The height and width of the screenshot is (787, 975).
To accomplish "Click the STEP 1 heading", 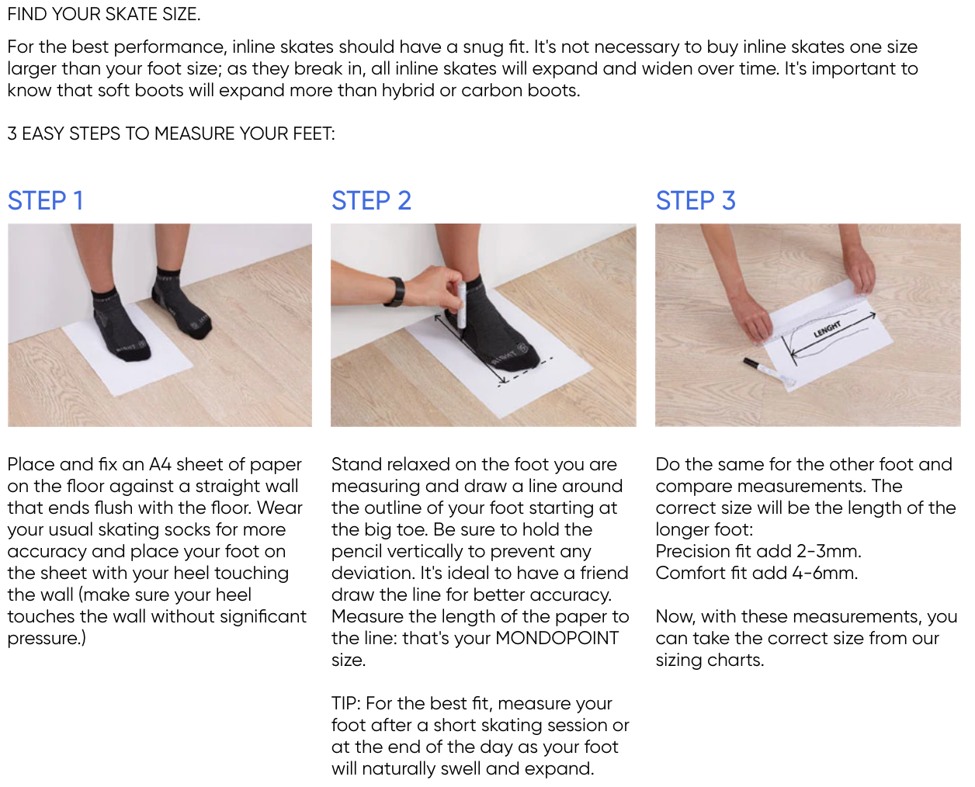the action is pyautogui.click(x=45, y=200).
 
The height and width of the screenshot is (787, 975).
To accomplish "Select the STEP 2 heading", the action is pyautogui.click(x=371, y=200).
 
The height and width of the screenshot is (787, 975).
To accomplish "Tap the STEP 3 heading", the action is pyautogui.click(x=696, y=200).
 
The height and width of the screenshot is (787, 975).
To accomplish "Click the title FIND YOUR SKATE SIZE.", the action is pyautogui.click(x=104, y=14).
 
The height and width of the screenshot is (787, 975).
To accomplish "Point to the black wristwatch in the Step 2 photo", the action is pyautogui.click(x=394, y=292).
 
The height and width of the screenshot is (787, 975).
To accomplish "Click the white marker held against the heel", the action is pyautogui.click(x=461, y=305).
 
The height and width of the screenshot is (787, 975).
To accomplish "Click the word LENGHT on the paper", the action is pyautogui.click(x=827, y=329).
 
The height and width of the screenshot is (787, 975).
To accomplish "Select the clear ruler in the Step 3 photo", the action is pyautogui.click(x=820, y=320).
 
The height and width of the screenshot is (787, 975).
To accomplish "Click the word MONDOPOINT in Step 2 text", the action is pyautogui.click(x=557, y=638).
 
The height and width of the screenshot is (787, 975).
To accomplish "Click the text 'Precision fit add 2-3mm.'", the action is pyautogui.click(x=758, y=551).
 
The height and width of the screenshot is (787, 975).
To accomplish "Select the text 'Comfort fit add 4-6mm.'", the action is pyautogui.click(x=756, y=573).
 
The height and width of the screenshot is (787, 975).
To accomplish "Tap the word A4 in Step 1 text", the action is pyautogui.click(x=160, y=464).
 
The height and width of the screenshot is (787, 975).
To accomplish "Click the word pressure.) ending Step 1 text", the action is pyautogui.click(x=47, y=638).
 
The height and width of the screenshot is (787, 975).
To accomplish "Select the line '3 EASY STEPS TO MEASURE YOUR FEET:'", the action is pyautogui.click(x=172, y=133).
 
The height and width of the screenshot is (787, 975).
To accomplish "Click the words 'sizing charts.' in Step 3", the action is pyautogui.click(x=710, y=660).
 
